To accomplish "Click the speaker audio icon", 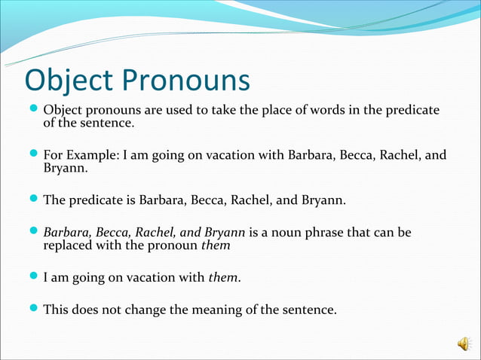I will pyautogui.click(x=462, y=343).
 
